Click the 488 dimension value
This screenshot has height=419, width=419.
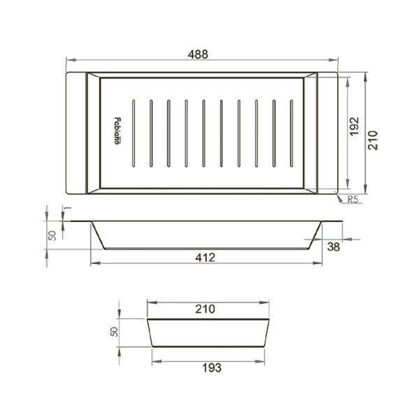coord(198,54)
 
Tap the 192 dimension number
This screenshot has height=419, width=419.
coord(354,127)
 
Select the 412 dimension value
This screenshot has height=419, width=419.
coord(205,258)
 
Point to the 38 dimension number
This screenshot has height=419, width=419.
coord(333,247)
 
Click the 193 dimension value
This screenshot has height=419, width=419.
coord(212,368)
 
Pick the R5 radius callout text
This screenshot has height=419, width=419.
coord(352,199)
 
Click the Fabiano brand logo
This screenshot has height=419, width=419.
coord(117,131)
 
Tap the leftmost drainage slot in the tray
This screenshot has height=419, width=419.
coord(134,133)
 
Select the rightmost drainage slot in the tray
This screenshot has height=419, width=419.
coord(291,133)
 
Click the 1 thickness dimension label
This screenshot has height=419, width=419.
coord(69,209)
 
